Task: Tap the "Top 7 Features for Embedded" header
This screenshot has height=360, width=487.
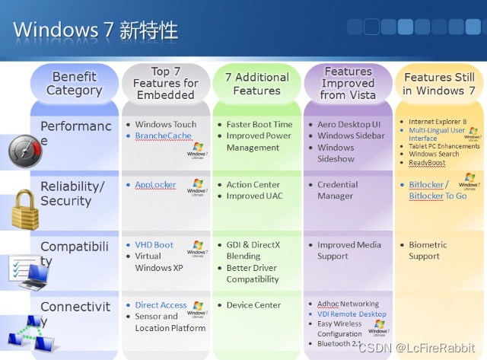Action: (165, 84)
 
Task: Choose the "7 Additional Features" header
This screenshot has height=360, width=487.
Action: (256, 84)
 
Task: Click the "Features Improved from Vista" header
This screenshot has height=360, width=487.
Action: (348, 84)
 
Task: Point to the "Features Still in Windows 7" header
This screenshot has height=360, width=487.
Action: (439, 84)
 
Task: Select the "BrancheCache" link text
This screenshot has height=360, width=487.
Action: (164, 135)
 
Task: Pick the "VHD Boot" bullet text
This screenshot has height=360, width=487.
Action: (154, 245)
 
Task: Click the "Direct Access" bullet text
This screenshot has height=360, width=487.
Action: (161, 305)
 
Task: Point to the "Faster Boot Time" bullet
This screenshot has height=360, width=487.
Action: (259, 124)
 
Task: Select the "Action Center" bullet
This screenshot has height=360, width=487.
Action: (253, 185)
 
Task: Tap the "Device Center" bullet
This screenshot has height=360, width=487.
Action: (253, 305)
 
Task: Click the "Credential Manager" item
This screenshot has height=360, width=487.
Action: (337, 190)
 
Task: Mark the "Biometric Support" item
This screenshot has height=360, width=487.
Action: (428, 250)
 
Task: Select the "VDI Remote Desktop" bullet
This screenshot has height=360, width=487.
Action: (352, 314)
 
